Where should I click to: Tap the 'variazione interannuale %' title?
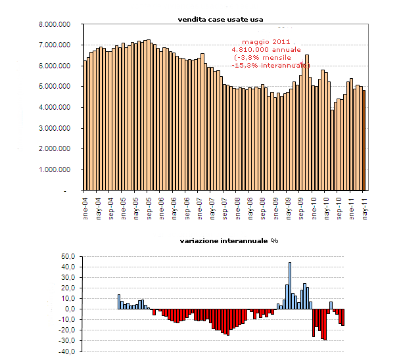click(229, 240)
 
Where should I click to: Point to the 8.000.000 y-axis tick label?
click(55, 24)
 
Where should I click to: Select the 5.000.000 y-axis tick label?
click(55, 87)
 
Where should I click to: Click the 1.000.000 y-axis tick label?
click(55, 169)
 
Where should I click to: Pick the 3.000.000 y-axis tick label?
click(55, 128)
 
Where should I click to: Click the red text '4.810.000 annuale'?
click(266, 49)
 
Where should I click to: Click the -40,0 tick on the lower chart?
click(68, 351)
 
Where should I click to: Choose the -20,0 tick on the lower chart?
click(68, 330)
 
